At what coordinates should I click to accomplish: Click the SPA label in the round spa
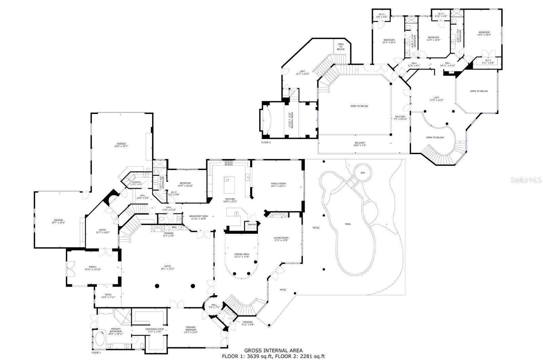[362, 173]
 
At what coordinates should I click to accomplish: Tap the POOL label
[348, 224]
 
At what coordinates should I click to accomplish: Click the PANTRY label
[252, 225]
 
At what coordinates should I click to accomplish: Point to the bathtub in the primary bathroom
[100, 339]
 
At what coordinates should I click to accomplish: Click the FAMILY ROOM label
[278, 184]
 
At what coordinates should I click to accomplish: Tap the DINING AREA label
[242, 254]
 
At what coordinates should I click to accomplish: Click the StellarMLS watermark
[526, 180]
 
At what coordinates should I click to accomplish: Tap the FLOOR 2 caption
[266, 143]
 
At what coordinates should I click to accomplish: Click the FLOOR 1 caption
[96, 353]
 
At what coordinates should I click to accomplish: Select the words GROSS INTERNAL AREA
[273, 350]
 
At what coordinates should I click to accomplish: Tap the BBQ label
[174, 227]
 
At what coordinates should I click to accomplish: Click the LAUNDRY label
[136, 182]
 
